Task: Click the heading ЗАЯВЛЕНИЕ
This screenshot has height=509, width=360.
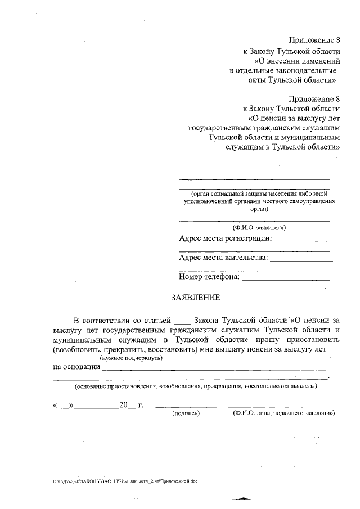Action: point(196,298)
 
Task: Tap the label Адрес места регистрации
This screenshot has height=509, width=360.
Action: point(225,239)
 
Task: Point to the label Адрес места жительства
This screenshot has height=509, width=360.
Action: point(223,258)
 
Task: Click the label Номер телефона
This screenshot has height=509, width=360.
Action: point(209,277)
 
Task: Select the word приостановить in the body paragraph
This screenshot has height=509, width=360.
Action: point(304,340)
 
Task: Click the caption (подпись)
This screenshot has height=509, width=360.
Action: point(186,413)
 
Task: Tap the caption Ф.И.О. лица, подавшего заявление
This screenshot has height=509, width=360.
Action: point(283,413)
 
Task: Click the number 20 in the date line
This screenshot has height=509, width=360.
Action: point(124,405)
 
